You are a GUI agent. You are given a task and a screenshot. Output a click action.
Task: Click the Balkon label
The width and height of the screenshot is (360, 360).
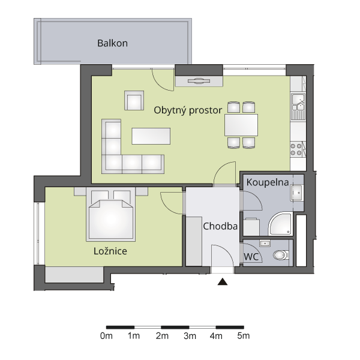tap(113, 43)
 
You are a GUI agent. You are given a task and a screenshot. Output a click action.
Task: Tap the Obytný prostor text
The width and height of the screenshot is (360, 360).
tap(188, 110)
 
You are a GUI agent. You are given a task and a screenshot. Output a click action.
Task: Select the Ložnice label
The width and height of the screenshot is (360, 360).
tap(110, 251)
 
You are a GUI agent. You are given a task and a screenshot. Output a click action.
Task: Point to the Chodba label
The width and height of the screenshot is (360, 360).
tap(220, 226)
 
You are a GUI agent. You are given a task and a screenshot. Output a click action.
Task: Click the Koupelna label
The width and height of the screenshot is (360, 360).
tap(268, 182)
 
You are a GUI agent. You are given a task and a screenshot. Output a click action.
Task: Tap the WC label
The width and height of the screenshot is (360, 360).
tap(251, 257)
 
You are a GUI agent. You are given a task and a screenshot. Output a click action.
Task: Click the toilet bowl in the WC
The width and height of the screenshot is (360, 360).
tap(281, 255)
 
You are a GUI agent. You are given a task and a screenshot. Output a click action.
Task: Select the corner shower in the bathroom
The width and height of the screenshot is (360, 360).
tap(280, 224)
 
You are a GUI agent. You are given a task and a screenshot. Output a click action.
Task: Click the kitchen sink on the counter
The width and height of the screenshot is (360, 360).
tap(298, 106)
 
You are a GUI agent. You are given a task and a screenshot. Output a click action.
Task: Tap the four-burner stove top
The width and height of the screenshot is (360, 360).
tap(296, 149)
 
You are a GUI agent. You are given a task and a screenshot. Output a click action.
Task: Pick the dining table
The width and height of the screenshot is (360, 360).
tap(241, 125)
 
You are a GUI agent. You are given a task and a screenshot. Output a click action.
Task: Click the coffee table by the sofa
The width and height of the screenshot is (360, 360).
tap(151, 136)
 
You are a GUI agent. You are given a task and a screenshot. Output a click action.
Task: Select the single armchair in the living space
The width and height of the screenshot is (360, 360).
tap(134, 100)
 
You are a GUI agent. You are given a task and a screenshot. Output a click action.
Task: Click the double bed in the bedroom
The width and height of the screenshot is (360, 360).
tap(110, 214)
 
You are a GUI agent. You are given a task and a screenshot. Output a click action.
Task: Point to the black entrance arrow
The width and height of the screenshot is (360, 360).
tap(222, 282)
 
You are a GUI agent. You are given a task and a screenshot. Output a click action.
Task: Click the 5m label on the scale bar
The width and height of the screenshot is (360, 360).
tap(244, 336)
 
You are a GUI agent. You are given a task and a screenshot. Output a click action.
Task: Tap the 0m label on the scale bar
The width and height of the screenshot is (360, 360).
tap(106, 336)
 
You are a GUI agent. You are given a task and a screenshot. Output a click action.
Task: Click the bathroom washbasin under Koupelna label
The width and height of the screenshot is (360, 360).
tap(297, 193)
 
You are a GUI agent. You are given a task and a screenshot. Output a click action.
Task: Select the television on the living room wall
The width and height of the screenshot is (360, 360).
tap(199, 81)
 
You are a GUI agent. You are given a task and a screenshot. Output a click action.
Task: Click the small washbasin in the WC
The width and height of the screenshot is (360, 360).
tap(265, 243)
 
